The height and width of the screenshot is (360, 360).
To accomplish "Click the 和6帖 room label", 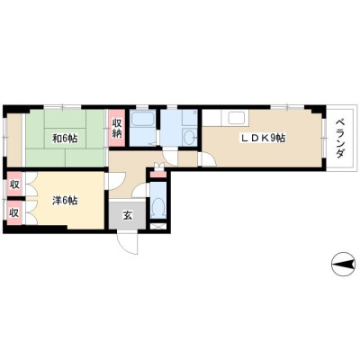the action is click(65, 139).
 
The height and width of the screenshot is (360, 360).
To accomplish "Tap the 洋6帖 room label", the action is click(65, 201).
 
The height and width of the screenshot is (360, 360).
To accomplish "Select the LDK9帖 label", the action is click(264, 138).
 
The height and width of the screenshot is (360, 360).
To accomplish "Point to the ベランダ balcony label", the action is click(339, 139).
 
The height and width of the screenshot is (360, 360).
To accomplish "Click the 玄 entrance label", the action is click(128, 215).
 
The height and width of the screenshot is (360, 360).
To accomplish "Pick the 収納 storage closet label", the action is click(117, 129).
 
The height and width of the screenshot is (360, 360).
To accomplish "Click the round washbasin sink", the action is click(189, 139).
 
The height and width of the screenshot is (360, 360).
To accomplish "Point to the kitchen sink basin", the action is click(237, 118).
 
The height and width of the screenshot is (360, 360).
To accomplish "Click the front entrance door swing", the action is click(128, 242).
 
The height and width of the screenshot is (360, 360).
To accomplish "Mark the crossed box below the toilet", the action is click(158, 227).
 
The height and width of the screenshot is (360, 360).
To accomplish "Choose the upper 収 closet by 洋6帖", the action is click(14, 184).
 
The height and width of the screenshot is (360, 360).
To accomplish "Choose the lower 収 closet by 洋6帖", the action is click(14, 212).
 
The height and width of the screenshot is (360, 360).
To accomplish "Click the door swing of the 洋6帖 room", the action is click(116, 182).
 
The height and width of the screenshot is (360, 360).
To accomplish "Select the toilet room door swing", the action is click(139, 190).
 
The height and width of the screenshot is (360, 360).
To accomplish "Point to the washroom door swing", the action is click(170, 156).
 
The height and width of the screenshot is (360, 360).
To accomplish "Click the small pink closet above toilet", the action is click(157, 175).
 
